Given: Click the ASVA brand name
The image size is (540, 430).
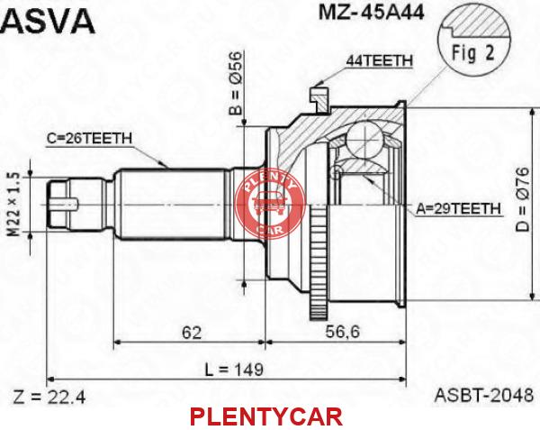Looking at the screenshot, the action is (x=48, y=22).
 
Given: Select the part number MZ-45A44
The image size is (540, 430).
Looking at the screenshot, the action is (x=371, y=13).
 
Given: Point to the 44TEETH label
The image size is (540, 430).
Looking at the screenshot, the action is (x=379, y=61).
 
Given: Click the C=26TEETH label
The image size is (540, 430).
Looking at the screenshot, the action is (x=89, y=139).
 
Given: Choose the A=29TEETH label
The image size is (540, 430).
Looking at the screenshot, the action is (x=458, y=208).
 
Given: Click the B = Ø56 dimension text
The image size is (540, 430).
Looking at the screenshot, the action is (x=236, y=83).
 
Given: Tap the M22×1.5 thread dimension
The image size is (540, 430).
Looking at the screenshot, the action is (x=14, y=205).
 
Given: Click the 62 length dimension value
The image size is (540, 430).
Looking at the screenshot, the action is (x=192, y=333).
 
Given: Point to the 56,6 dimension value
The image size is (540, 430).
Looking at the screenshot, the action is (x=342, y=332).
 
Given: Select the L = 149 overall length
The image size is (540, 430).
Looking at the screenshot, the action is (x=234, y=370).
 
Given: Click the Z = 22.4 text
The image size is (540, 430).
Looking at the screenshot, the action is (x=49, y=397).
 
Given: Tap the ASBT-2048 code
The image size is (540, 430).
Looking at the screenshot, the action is (x=484, y=395).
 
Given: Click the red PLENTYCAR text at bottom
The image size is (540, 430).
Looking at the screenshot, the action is (x=266, y=416).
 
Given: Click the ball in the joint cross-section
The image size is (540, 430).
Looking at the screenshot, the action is (x=364, y=140).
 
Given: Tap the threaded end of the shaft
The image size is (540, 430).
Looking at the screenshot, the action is (x=59, y=204).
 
